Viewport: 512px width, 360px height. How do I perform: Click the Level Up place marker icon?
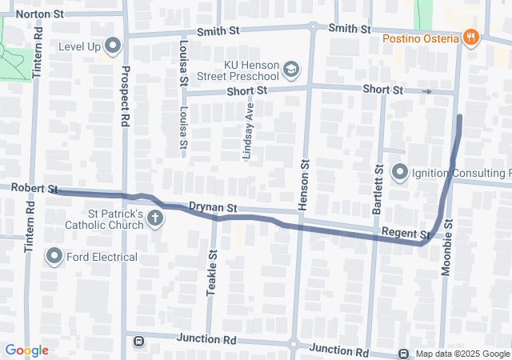click(x=112, y=46)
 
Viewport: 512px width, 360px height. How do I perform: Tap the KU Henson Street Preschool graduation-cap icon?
click(x=290, y=70)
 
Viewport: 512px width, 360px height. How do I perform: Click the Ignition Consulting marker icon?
click(x=399, y=172)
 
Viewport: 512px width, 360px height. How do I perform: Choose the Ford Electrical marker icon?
click(x=54, y=257)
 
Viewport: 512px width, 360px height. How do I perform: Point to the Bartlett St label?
click(x=377, y=192)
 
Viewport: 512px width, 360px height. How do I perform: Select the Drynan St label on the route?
click(x=214, y=208)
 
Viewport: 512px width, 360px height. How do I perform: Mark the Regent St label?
click(x=406, y=234)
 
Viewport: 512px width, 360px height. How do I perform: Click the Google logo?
click(x=26, y=350)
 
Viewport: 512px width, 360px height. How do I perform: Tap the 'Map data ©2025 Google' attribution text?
click(x=462, y=354)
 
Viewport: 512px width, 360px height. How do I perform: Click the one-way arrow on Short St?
click(x=427, y=91)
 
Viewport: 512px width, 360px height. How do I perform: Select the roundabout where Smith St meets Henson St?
click(x=314, y=26)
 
